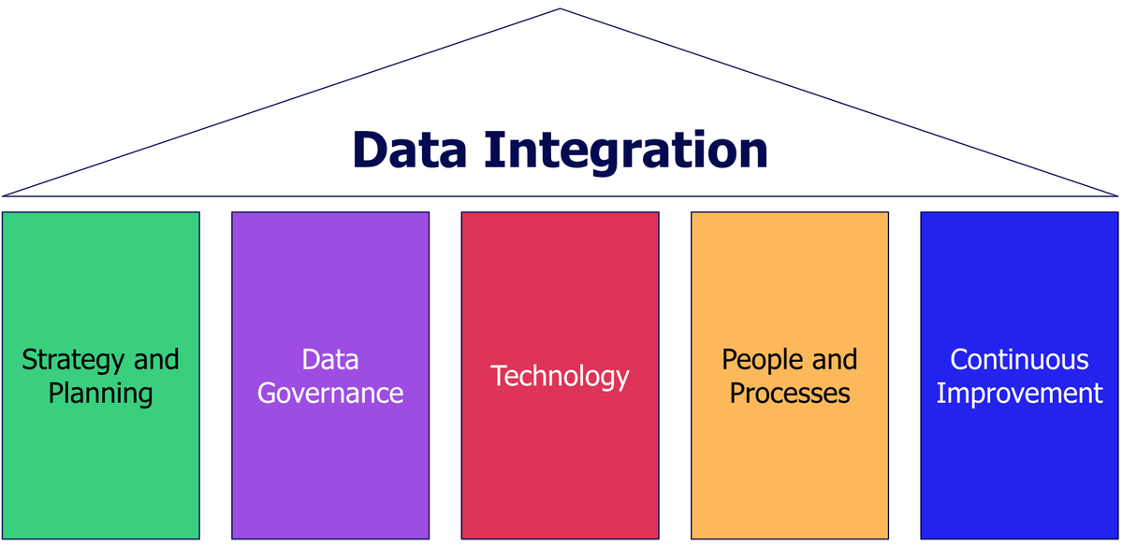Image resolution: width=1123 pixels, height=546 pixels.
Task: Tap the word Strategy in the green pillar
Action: [71, 360]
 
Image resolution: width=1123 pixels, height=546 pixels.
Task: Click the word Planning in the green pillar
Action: [100, 394]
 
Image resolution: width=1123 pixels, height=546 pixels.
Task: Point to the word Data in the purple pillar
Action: [330, 359]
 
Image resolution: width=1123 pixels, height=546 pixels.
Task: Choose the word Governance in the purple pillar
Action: [330, 393]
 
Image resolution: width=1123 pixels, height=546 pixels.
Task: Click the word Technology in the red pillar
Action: [560, 376]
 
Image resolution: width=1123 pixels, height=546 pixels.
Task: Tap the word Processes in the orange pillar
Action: [790, 393]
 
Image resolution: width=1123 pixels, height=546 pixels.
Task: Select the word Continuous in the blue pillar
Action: [1019, 359]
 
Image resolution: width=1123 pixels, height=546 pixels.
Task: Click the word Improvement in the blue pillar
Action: [1019, 393]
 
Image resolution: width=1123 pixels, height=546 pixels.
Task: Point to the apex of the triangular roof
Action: [561, 9]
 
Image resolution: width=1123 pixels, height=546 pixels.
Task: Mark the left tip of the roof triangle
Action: [5, 195]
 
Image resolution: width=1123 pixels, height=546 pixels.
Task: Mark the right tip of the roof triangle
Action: [1116, 195]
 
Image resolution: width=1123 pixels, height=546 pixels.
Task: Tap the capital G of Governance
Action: [267, 393]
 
